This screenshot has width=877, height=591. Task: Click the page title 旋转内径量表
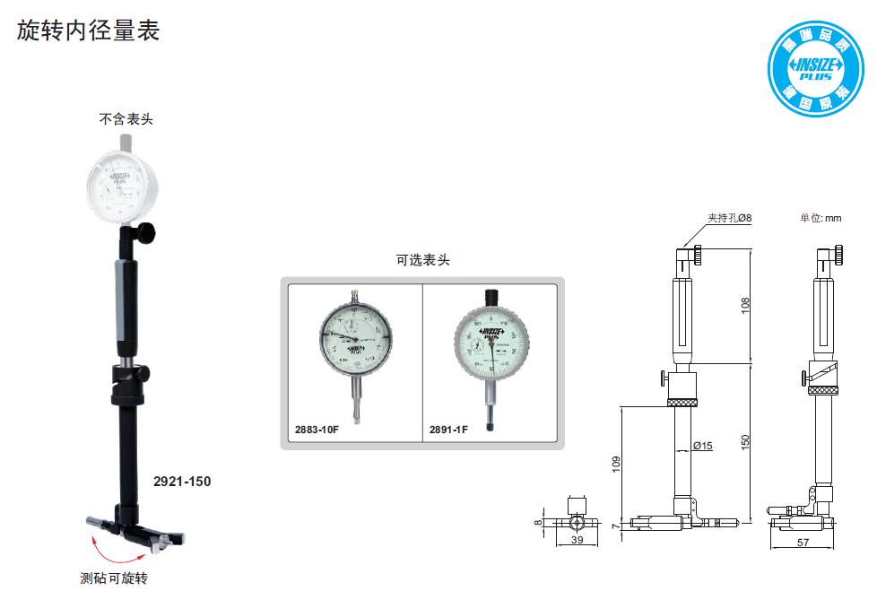[88, 30]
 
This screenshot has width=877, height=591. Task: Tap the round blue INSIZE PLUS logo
[814, 70]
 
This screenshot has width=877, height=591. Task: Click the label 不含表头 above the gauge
[126, 118]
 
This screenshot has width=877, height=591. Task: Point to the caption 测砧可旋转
[113, 578]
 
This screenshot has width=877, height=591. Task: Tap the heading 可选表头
[422, 260]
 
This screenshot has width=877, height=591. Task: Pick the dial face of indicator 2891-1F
[491, 341]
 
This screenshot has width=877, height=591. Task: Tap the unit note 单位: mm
[821, 218]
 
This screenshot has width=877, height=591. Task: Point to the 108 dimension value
[745, 305]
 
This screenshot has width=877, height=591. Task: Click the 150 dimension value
[745, 441]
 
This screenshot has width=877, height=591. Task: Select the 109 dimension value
[616, 464]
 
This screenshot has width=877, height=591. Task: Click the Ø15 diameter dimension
[703, 446]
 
